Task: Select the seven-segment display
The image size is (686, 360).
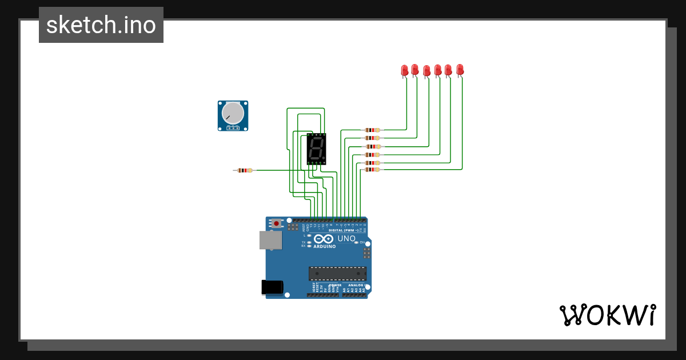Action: pyautogui.click(x=316, y=149)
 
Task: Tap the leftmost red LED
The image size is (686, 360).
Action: pyautogui.click(x=404, y=70)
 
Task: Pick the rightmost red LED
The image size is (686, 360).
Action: pyautogui.click(x=460, y=70)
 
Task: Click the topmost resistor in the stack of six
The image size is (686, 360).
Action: pyautogui.click(x=372, y=130)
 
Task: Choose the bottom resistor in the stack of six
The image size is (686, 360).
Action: pyautogui.click(x=372, y=169)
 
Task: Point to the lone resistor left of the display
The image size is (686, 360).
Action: pyautogui.click(x=245, y=170)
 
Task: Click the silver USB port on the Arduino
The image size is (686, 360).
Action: pyautogui.click(x=270, y=240)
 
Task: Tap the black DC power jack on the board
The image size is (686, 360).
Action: pyautogui.click(x=272, y=287)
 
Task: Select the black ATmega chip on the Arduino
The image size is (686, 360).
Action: pyautogui.click(x=337, y=274)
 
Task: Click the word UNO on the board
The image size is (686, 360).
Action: pyautogui.click(x=346, y=238)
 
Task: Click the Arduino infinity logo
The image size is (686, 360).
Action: pyautogui.click(x=324, y=239)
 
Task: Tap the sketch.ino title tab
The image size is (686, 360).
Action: pyautogui.click(x=101, y=25)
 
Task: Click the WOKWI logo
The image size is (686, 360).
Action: pyautogui.click(x=607, y=315)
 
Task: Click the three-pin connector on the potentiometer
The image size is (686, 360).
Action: pyautogui.click(x=232, y=128)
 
